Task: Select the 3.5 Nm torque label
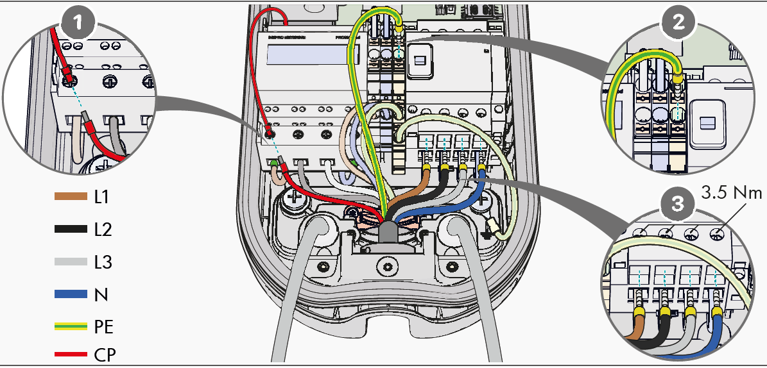click(x=731, y=193)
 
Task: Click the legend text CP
click(x=105, y=354)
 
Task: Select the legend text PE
click(x=104, y=328)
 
